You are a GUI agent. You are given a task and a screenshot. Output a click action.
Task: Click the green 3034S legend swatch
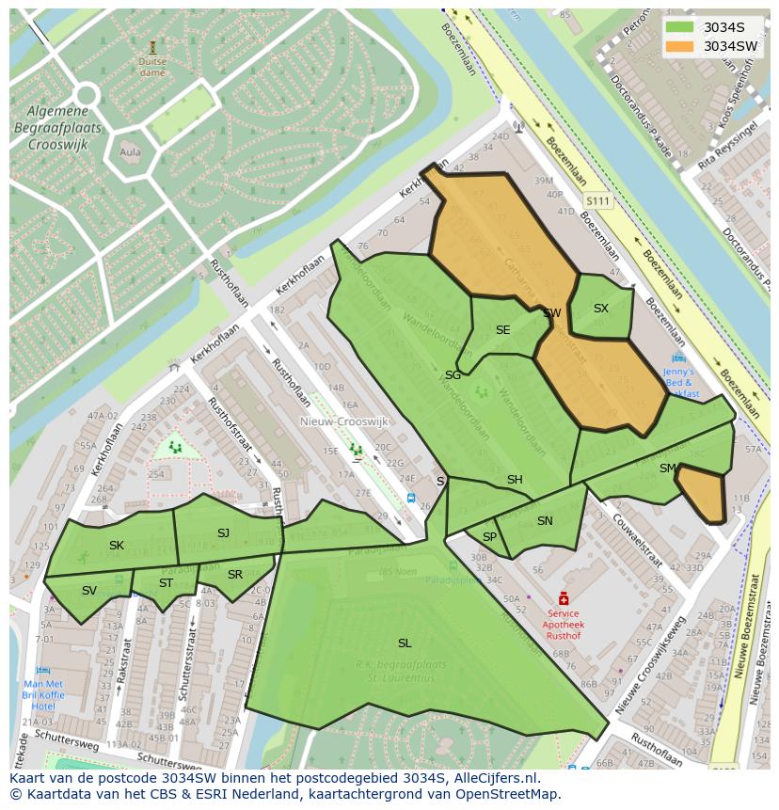coord(680,27)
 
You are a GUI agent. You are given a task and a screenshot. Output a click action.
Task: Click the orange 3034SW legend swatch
coord(680,46)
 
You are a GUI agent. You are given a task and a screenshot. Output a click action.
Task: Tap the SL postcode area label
coord(405,643)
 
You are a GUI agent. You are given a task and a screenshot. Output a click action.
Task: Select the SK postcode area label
coord(117,546)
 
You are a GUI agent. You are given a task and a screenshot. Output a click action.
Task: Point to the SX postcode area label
coord(601,309)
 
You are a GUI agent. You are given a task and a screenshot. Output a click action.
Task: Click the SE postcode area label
coord(503,330)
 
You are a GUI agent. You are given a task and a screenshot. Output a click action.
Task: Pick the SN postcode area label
coord(545,521)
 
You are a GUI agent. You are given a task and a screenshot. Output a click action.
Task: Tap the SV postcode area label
coord(89,591)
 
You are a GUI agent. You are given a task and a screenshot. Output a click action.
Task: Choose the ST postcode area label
coord(166,583)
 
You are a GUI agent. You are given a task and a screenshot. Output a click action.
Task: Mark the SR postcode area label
coord(235,575)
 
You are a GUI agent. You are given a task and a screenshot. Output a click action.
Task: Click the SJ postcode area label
coord(223,533)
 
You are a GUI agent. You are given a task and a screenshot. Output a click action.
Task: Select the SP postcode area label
coord(489,537)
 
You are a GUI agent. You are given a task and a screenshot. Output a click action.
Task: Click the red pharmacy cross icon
coord(564,598)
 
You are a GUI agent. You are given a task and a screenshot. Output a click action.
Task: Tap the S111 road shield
coord(597,201)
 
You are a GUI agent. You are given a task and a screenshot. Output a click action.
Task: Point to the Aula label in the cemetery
coord(131,151)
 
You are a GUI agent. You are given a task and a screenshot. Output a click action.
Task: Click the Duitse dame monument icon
coord(152,46)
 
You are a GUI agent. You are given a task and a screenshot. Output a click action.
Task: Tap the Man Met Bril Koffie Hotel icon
coord(43,671)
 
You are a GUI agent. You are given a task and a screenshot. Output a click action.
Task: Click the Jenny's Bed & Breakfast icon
coord(679,358)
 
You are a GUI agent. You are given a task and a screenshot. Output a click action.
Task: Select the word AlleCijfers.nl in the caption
coord(494,778)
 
